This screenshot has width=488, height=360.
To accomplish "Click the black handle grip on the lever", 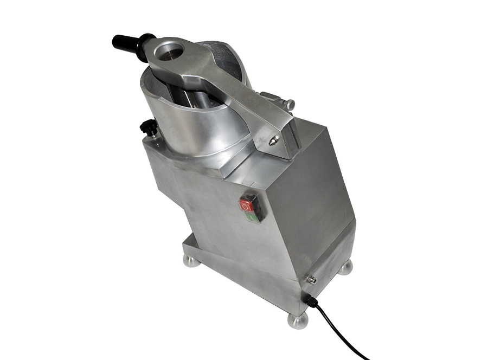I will click(124, 42).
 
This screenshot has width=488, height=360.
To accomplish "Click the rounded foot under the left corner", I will click(192, 261).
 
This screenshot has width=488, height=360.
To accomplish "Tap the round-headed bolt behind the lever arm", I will click(291, 103).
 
